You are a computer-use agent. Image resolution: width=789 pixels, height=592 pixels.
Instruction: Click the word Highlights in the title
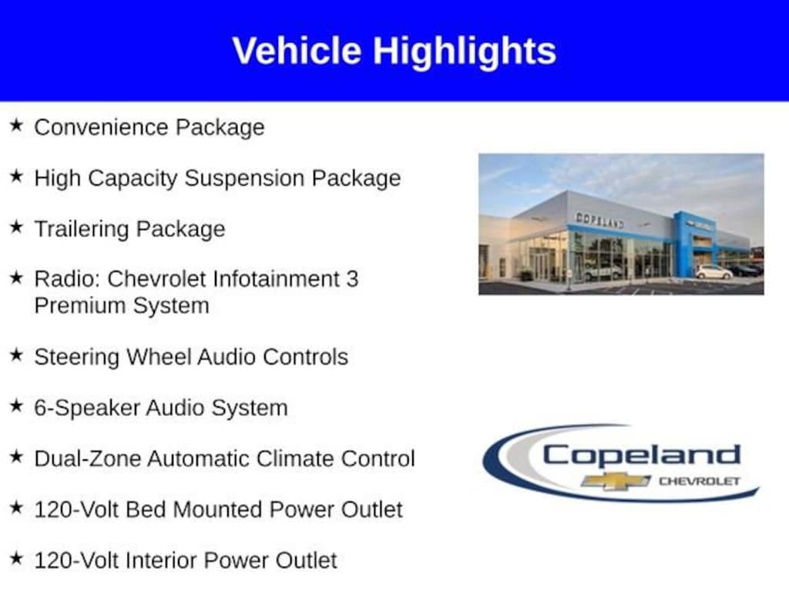pyautogui.click(x=465, y=52)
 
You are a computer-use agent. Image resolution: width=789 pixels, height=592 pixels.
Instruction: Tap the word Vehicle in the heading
pyautogui.click(x=297, y=50)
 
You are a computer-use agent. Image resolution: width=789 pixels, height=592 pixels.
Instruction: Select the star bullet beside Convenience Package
pyautogui.click(x=17, y=126)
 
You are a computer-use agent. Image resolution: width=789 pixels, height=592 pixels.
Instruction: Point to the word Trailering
pyautogui.click(x=82, y=229)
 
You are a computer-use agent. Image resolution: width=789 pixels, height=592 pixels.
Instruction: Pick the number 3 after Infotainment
pyautogui.click(x=352, y=279)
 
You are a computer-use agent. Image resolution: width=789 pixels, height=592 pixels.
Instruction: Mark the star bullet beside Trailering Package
pyautogui.click(x=17, y=227)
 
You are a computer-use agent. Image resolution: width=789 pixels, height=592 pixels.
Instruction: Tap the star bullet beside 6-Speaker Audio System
pyautogui.click(x=17, y=405)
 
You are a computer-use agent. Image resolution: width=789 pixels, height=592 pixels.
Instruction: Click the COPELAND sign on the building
pyautogui.click(x=599, y=220)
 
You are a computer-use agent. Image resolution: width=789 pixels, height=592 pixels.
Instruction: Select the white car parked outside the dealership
pyautogui.click(x=714, y=272)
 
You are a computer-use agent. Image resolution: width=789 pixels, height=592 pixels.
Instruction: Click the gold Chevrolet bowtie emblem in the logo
pyautogui.click(x=616, y=481)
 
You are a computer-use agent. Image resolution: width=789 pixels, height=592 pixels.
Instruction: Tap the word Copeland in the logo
pyautogui.click(x=641, y=455)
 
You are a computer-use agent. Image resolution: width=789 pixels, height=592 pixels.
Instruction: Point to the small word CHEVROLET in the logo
pyautogui.click(x=700, y=481)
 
